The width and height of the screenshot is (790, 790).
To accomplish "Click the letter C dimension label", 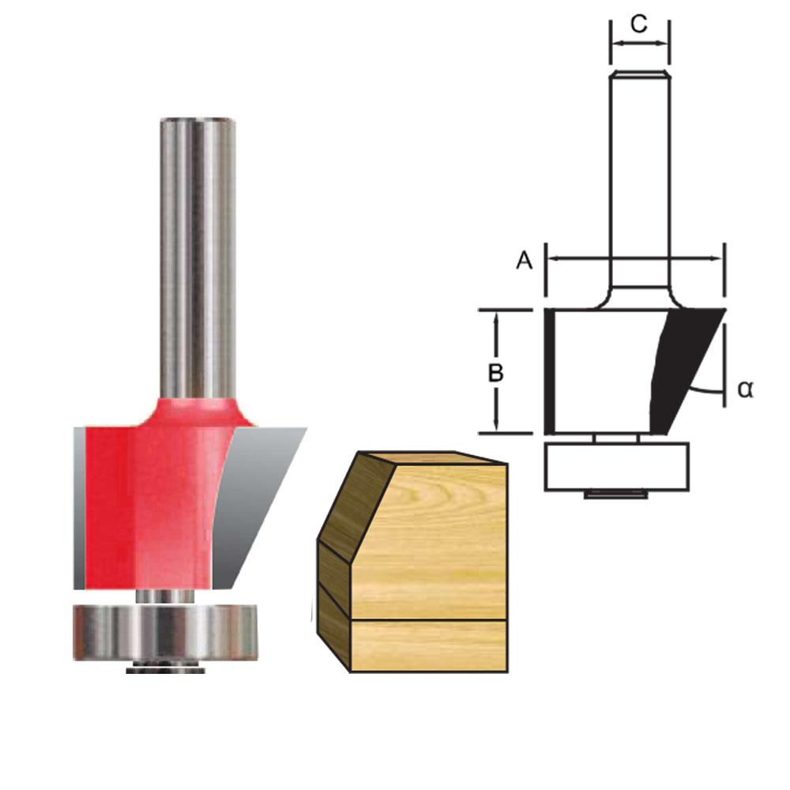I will (x=639, y=24).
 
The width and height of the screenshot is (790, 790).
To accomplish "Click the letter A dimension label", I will (x=523, y=261).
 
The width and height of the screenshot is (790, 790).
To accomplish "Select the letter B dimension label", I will (x=495, y=373).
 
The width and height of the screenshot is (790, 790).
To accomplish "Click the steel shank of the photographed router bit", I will (x=200, y=253).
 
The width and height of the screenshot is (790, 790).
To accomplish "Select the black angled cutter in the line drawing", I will (x=679, y=363).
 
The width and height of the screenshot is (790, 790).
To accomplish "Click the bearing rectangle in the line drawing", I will (x=616, y=466).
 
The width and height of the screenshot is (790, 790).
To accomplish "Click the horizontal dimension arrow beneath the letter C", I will (x=639, y=43).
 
